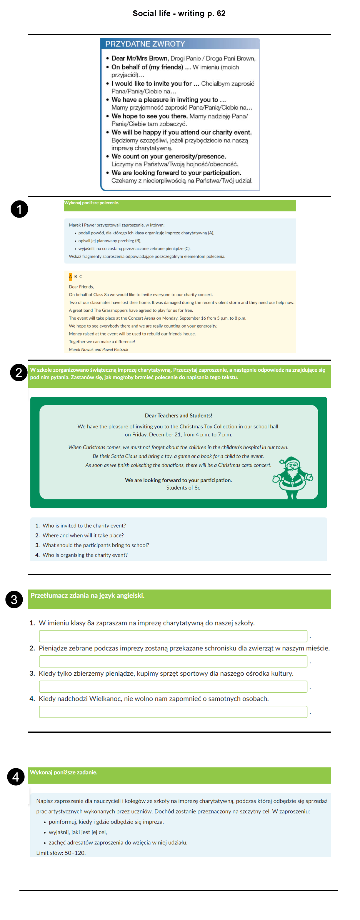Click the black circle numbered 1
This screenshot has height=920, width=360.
point(19,209)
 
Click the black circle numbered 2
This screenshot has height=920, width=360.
point(19,373)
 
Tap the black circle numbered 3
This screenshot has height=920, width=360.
point(14,599)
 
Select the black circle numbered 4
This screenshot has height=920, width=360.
point(16,777)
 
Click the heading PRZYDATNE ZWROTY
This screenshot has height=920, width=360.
point(145,44)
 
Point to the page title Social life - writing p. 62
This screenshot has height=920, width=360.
point(179,14)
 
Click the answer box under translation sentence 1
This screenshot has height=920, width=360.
point(173,636)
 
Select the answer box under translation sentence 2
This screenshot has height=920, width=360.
point(173,662)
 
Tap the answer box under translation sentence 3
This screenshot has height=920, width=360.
point(173,687)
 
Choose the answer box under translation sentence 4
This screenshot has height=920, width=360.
point(173,712)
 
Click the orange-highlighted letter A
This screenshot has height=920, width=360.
point(70,276)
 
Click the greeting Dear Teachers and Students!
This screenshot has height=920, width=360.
point(178,415)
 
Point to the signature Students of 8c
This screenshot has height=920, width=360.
point(183,487)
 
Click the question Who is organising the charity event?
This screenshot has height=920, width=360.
point(85,555)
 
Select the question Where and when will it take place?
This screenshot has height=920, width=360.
point(83,535)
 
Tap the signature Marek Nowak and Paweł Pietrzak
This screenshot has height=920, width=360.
point(98,349)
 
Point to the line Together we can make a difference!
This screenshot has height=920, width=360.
point(102,341)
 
